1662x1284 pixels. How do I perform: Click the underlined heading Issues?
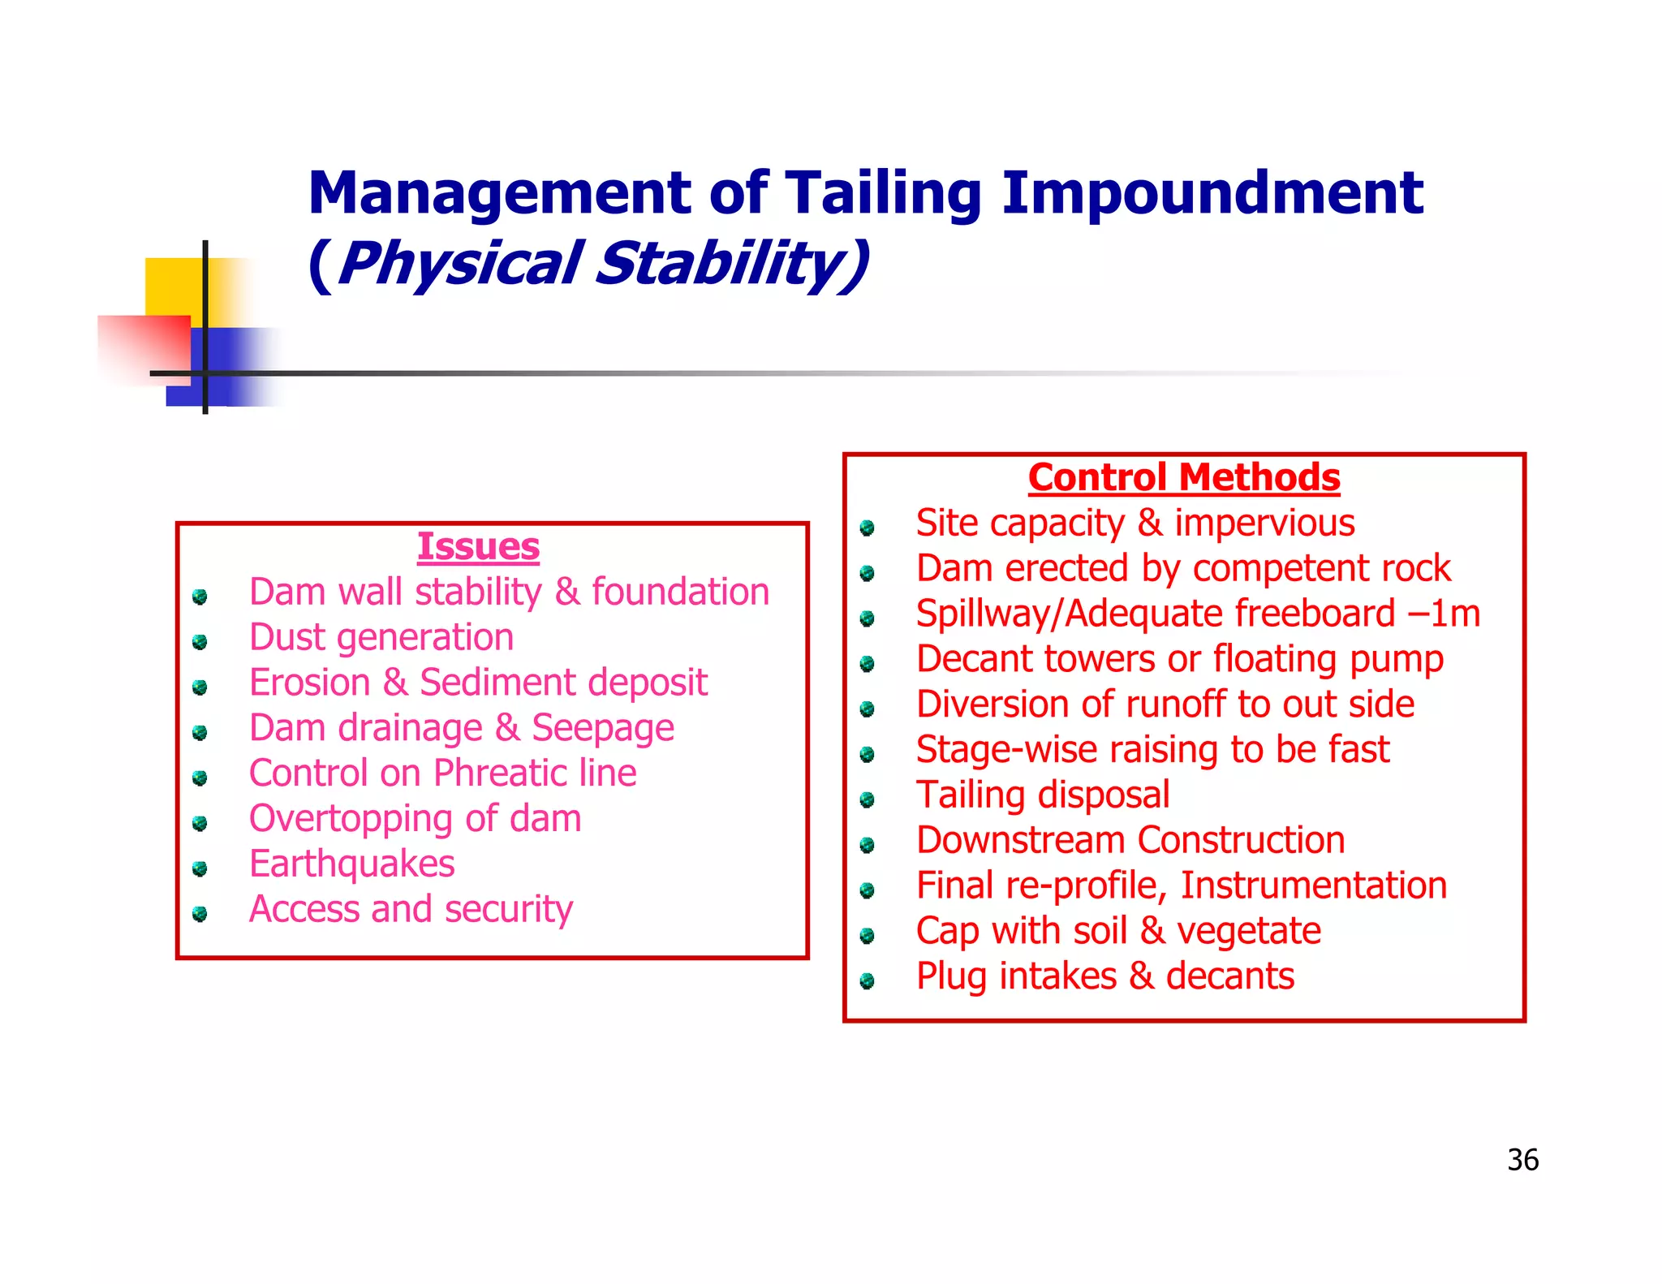point(478,546)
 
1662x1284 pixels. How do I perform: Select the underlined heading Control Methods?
point(1184,477)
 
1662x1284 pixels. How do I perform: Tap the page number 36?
point(1522,1160)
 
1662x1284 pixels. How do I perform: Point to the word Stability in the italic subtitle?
point(730,264)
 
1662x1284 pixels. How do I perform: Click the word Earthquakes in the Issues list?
point(351,864)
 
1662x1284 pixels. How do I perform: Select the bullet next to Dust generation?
point(200,643)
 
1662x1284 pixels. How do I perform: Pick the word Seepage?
point(602,728)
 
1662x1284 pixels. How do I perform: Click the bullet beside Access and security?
point(200,915)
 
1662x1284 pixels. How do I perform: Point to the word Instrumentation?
point(1313,885)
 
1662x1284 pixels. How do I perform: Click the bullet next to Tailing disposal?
point(867,800)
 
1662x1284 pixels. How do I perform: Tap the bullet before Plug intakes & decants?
point(867,981)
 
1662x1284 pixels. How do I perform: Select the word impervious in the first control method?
point(1264,524)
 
